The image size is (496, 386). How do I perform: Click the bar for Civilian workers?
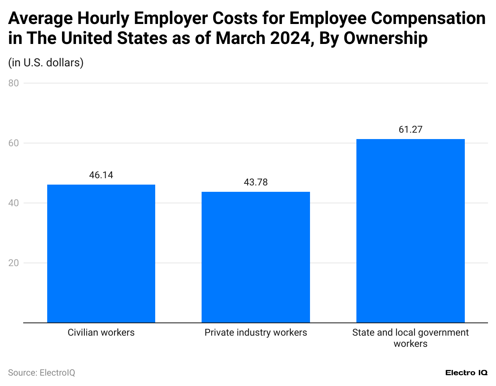[101, 253]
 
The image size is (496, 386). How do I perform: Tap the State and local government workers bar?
[410, 231]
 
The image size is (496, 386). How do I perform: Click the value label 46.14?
[101, 175]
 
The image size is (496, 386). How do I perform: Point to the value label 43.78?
[256, 182]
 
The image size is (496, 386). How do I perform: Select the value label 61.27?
[410, 129]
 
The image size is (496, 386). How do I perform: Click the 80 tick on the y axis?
[14, 83]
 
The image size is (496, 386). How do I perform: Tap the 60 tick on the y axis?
[14, 143]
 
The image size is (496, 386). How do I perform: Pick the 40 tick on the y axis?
[14, 203]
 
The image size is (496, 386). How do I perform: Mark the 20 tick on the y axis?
[14, 263]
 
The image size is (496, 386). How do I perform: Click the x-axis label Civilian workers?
[101, 332]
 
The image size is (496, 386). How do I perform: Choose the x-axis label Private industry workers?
[256, 332]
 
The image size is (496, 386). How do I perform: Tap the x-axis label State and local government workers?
[410, 338]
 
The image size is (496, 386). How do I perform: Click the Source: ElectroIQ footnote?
[42, 373]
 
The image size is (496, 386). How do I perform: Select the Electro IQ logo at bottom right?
[466, 373]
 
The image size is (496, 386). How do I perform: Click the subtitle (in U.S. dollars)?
[46, 63]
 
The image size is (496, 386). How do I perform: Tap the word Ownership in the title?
[386, 38]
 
